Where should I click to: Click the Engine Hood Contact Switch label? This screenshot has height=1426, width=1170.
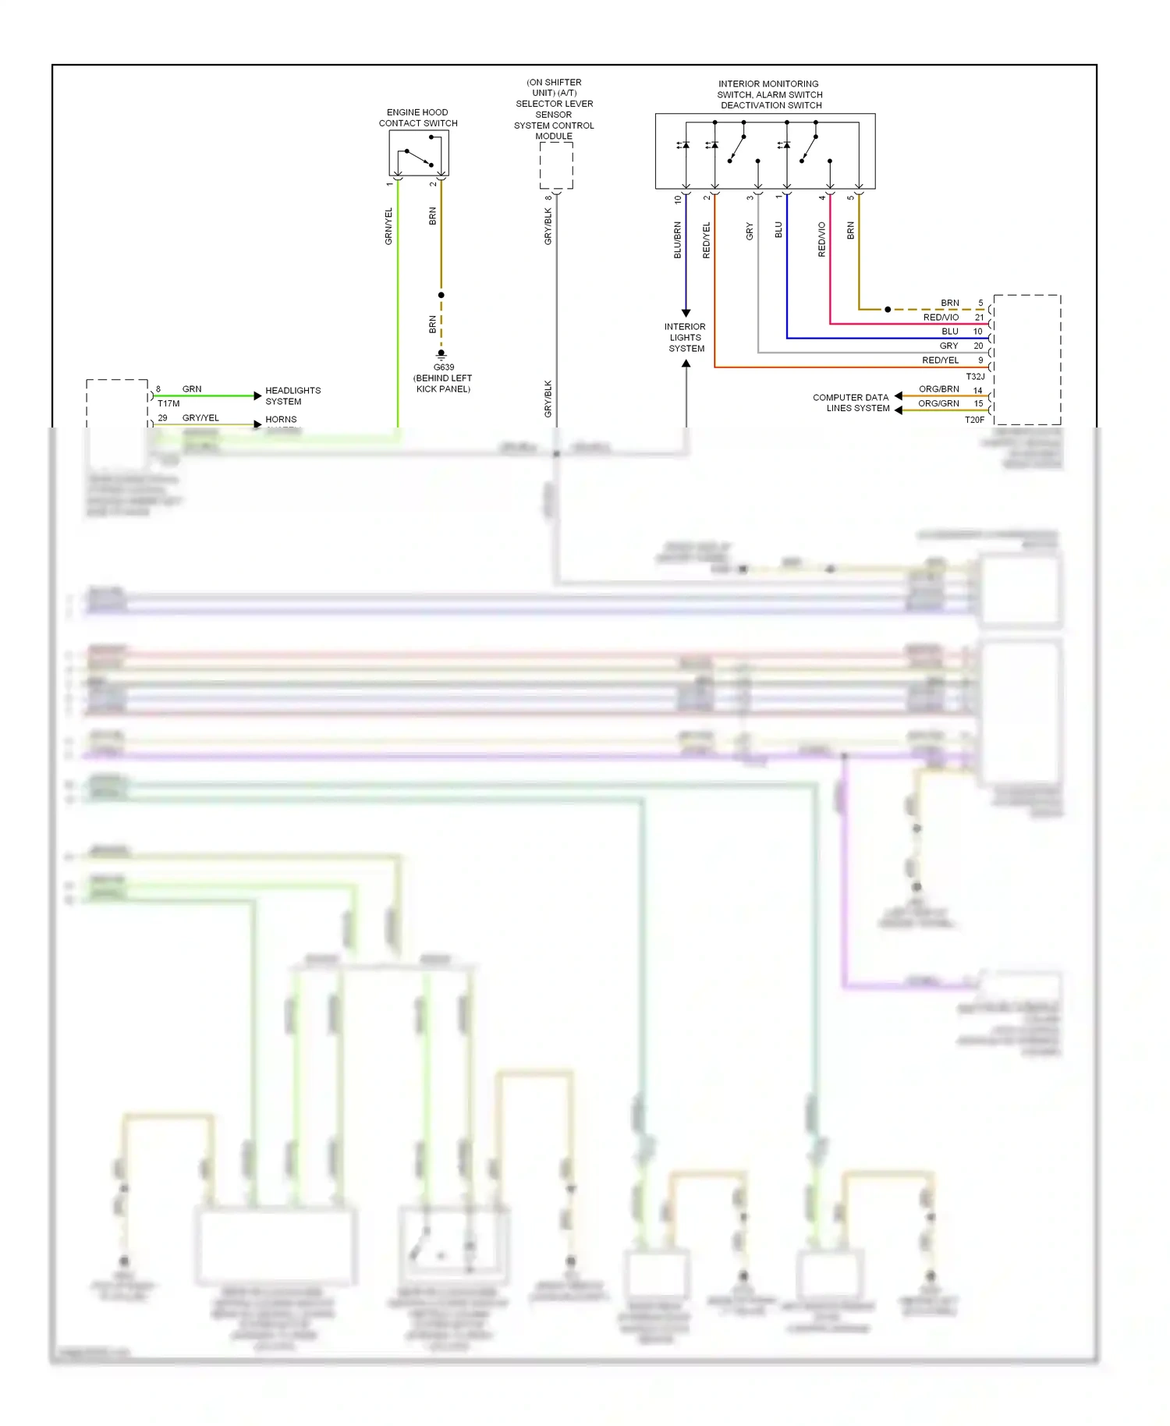pos(417,118)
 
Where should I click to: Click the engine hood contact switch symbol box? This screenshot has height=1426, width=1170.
pos(419,153)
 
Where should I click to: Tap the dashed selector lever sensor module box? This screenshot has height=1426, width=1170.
pos(556,165)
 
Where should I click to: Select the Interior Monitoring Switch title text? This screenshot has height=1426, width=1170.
pos(770,94)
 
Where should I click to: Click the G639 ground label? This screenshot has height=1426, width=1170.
pos(443,367)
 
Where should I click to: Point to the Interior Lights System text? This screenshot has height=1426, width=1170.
pos(686,338)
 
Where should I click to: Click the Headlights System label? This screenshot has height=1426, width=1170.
pos(292,396)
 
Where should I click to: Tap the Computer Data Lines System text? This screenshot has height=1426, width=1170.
pos(851,403)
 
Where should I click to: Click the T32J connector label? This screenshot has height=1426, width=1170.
pos(975,377)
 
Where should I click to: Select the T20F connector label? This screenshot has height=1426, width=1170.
pos(974,420)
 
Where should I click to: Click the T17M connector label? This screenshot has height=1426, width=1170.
pos(168,403)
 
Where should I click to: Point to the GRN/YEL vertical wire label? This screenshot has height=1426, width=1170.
pos(388,226)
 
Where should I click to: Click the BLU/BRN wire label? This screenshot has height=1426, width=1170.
pos(677,240)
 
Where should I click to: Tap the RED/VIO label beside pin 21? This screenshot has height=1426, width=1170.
pos(941,317)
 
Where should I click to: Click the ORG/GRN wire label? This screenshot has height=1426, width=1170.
pos(938,403)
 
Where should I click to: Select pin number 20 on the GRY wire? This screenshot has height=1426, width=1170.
pos(978,346)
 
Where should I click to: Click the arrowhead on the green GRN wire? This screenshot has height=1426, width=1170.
pos(257,396)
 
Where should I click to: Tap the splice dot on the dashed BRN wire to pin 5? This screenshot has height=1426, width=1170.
pos(888,310)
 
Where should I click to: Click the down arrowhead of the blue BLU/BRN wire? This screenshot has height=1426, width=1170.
pos(686,313)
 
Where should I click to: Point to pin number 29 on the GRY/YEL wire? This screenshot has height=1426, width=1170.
pos(162,417)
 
